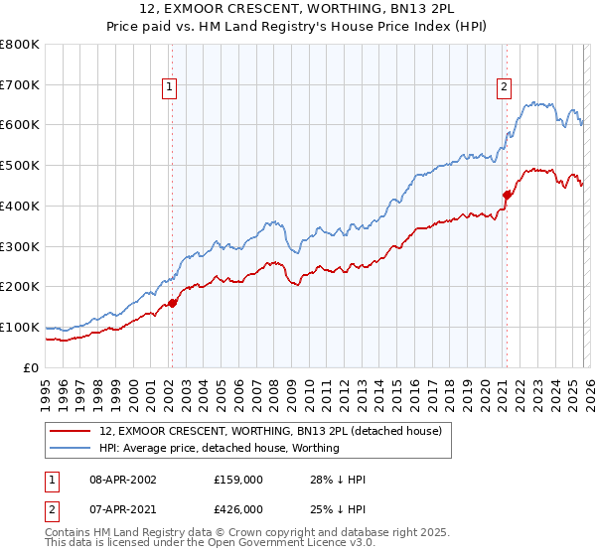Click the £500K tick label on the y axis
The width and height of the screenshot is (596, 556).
coord(19,165)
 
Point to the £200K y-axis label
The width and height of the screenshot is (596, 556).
coord(19,286)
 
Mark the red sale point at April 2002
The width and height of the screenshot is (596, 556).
coord(172,303)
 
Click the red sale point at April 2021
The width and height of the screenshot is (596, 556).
coord(506,195)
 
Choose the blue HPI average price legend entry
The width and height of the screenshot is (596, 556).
coord(220,448)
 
